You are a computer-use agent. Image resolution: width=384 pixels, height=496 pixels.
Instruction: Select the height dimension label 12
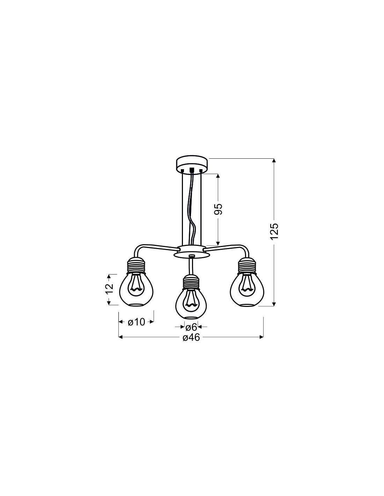[110, 289]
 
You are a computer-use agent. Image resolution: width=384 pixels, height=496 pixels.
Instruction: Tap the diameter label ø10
[136, 322]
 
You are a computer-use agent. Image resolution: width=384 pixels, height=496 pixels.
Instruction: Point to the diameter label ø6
[191, 328]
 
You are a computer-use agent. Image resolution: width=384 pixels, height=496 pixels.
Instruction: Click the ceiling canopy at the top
[192, 163]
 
